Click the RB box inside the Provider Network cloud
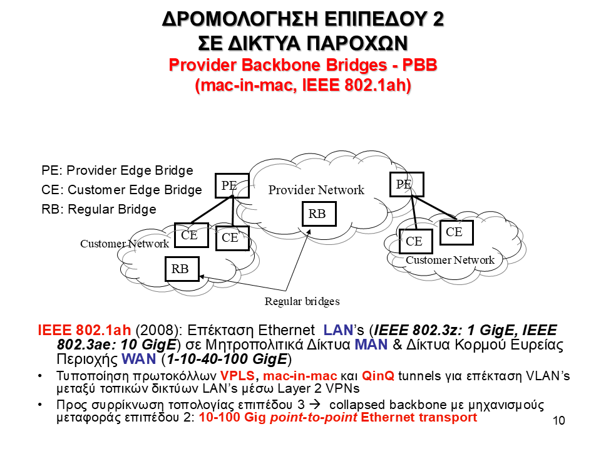(317, 214)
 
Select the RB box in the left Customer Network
(180, 269)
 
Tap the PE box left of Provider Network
(229, 185)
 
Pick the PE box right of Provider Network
(404, 184)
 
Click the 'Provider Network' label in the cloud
(316, 190)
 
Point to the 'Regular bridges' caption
(302, 301)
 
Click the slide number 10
(559, 420)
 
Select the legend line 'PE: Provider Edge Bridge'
(118, 170)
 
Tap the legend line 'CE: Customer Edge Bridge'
(122, 190)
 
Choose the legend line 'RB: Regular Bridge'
(99, 209)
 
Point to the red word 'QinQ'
(375, 376)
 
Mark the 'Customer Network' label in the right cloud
(450, 260)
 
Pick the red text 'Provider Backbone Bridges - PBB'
(303, 65)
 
